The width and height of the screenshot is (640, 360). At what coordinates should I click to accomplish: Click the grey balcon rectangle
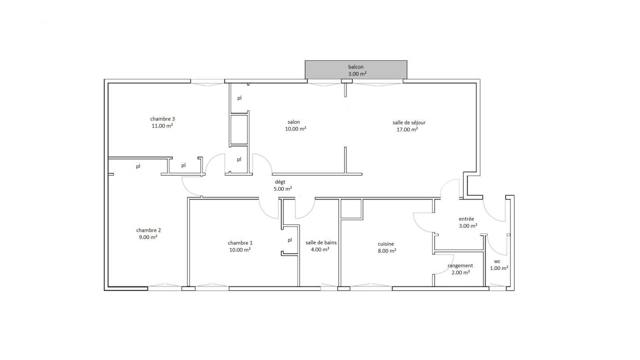356,70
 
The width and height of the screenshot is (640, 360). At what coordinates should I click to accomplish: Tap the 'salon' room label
294,122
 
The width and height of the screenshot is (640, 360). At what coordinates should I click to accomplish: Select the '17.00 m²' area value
407,130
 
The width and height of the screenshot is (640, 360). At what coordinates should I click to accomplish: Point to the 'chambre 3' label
162,119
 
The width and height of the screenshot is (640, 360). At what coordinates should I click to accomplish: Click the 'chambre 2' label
148,230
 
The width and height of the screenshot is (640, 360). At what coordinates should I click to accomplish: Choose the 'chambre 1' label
240,243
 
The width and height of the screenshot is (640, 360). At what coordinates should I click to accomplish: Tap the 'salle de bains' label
321,243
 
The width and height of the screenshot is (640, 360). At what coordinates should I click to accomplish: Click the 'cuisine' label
386,244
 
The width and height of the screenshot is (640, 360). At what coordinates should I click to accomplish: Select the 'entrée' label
466,219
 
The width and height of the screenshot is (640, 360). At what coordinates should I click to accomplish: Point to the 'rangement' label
460,265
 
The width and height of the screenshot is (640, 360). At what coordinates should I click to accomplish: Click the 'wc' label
497,261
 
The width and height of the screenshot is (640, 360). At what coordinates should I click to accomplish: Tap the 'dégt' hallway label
280,182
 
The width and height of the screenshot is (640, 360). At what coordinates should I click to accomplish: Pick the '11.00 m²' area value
162,126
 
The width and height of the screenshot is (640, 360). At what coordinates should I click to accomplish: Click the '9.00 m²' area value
148,237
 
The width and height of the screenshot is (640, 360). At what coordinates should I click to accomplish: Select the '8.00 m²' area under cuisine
387,251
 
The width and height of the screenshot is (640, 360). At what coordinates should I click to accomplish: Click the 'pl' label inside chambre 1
290,240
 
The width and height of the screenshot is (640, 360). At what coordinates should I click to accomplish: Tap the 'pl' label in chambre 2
138,166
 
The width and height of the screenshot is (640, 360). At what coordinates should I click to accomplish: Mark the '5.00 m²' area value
283,189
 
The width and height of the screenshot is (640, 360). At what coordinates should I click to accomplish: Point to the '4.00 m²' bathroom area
320,249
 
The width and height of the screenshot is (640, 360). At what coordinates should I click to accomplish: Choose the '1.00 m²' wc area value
499,268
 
